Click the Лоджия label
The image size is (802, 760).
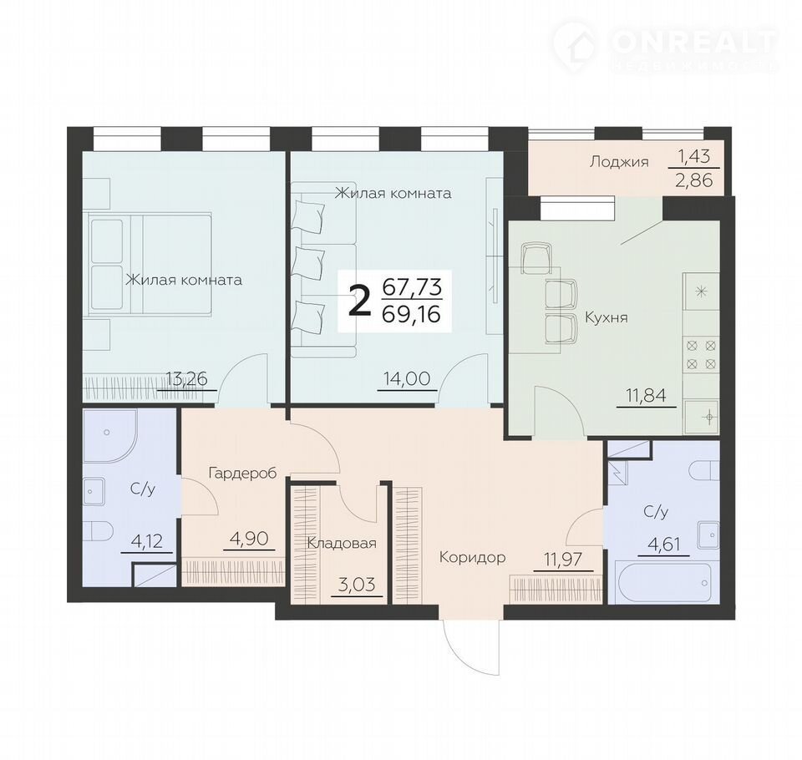click(619, 162)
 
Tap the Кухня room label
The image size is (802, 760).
click(607, 317)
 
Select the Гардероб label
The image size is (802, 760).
click(242, 473)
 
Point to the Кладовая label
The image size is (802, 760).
click(342, 543)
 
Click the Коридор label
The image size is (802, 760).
click(473, 557)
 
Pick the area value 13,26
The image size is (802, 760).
click(186, 379)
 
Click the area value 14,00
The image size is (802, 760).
click(407, 379)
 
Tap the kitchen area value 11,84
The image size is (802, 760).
click(647, 395)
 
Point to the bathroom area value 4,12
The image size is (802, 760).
click(147, 540)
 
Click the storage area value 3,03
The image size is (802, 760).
click(357, 584)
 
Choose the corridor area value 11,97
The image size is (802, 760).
click(563, 559)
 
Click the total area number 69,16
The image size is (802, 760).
click(411, 313)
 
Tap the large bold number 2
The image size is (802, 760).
click(359, 301)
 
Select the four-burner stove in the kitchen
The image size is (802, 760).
click(701, 354)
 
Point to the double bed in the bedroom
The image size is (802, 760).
click(150, 264)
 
